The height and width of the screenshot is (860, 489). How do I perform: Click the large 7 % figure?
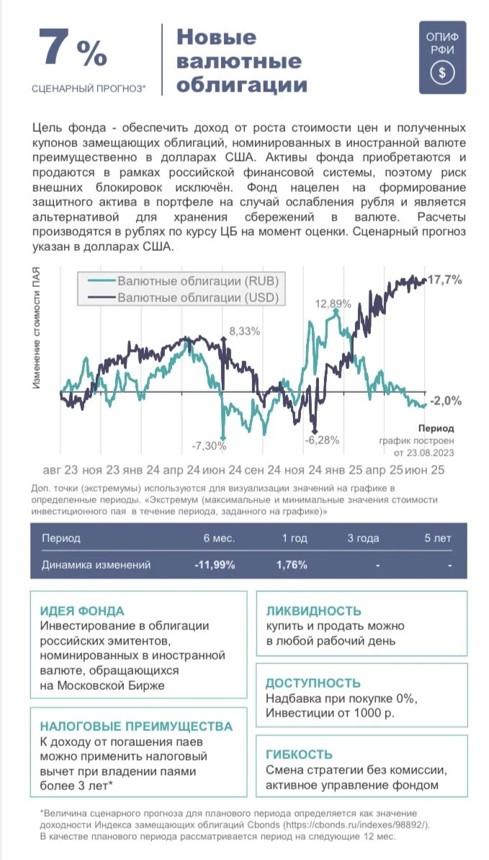[x=73, y=50]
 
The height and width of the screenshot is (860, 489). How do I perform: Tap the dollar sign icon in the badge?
[x=442, y=73]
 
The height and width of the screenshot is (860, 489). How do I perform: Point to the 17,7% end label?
[x=444, y=280]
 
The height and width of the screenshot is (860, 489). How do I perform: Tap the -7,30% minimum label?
[x=209, y=445]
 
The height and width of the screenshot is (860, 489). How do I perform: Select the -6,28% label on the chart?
[x=322, y=439]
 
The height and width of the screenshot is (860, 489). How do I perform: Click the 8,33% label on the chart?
[x=245, y=331]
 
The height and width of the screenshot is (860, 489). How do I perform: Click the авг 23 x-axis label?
[x=60, y=471]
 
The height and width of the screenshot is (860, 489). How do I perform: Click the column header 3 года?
[x=363, y=538]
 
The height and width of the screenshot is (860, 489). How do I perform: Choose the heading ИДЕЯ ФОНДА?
[x=82, y=611]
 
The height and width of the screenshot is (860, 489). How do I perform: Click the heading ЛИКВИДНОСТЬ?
[x=313, y=611]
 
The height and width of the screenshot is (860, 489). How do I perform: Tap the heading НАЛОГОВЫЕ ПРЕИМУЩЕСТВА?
[x=137, y=727]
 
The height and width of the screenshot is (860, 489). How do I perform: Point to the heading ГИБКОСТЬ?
[x=299, y=755]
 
